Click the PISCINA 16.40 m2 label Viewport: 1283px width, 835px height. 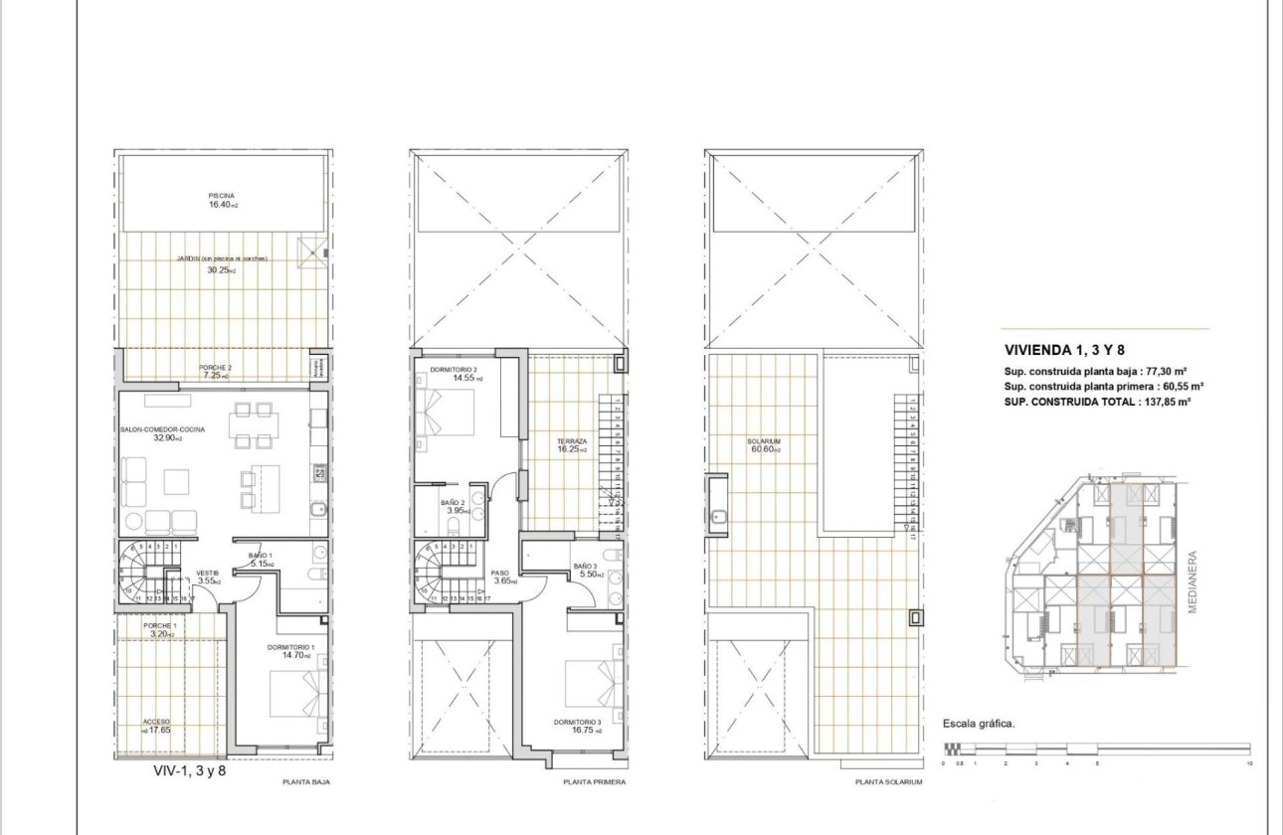click(x=223, y=200)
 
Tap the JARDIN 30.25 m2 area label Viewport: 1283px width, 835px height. click(x=223, y=263)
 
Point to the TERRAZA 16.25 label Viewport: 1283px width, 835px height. click(x=572, y=444)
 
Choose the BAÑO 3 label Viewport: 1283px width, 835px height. click(x=586, y=570)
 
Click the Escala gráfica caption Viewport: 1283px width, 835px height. click(x=979, y=724)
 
